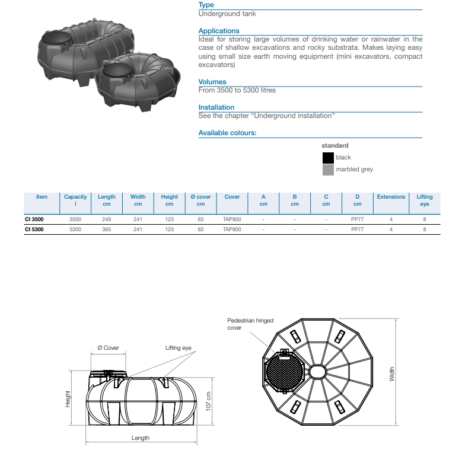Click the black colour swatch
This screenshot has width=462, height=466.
tap(328, 158)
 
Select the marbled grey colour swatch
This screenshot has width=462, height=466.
tap(328, 170)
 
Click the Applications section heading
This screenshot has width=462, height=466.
tap(219, 31)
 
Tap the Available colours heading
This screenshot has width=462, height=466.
tap(227, 133)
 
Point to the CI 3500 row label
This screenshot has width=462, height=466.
tap(34, 219)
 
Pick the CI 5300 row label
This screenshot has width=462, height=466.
tap(34, 229)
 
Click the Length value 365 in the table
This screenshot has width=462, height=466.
tap(107, 229)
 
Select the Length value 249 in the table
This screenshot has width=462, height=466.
tap(107, 219)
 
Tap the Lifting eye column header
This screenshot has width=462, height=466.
tap(425, 200)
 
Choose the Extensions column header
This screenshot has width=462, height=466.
tap(391, 197)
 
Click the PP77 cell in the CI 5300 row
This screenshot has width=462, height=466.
tap(357, 229)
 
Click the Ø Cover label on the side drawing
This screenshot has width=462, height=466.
tap(108, 348)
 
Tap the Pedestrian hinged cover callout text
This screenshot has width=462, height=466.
tap(250, 324)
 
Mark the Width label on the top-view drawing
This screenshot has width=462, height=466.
tap(391, 374)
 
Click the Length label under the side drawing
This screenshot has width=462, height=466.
tap(141, 438)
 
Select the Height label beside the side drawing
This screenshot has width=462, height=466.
tap(68, 398)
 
